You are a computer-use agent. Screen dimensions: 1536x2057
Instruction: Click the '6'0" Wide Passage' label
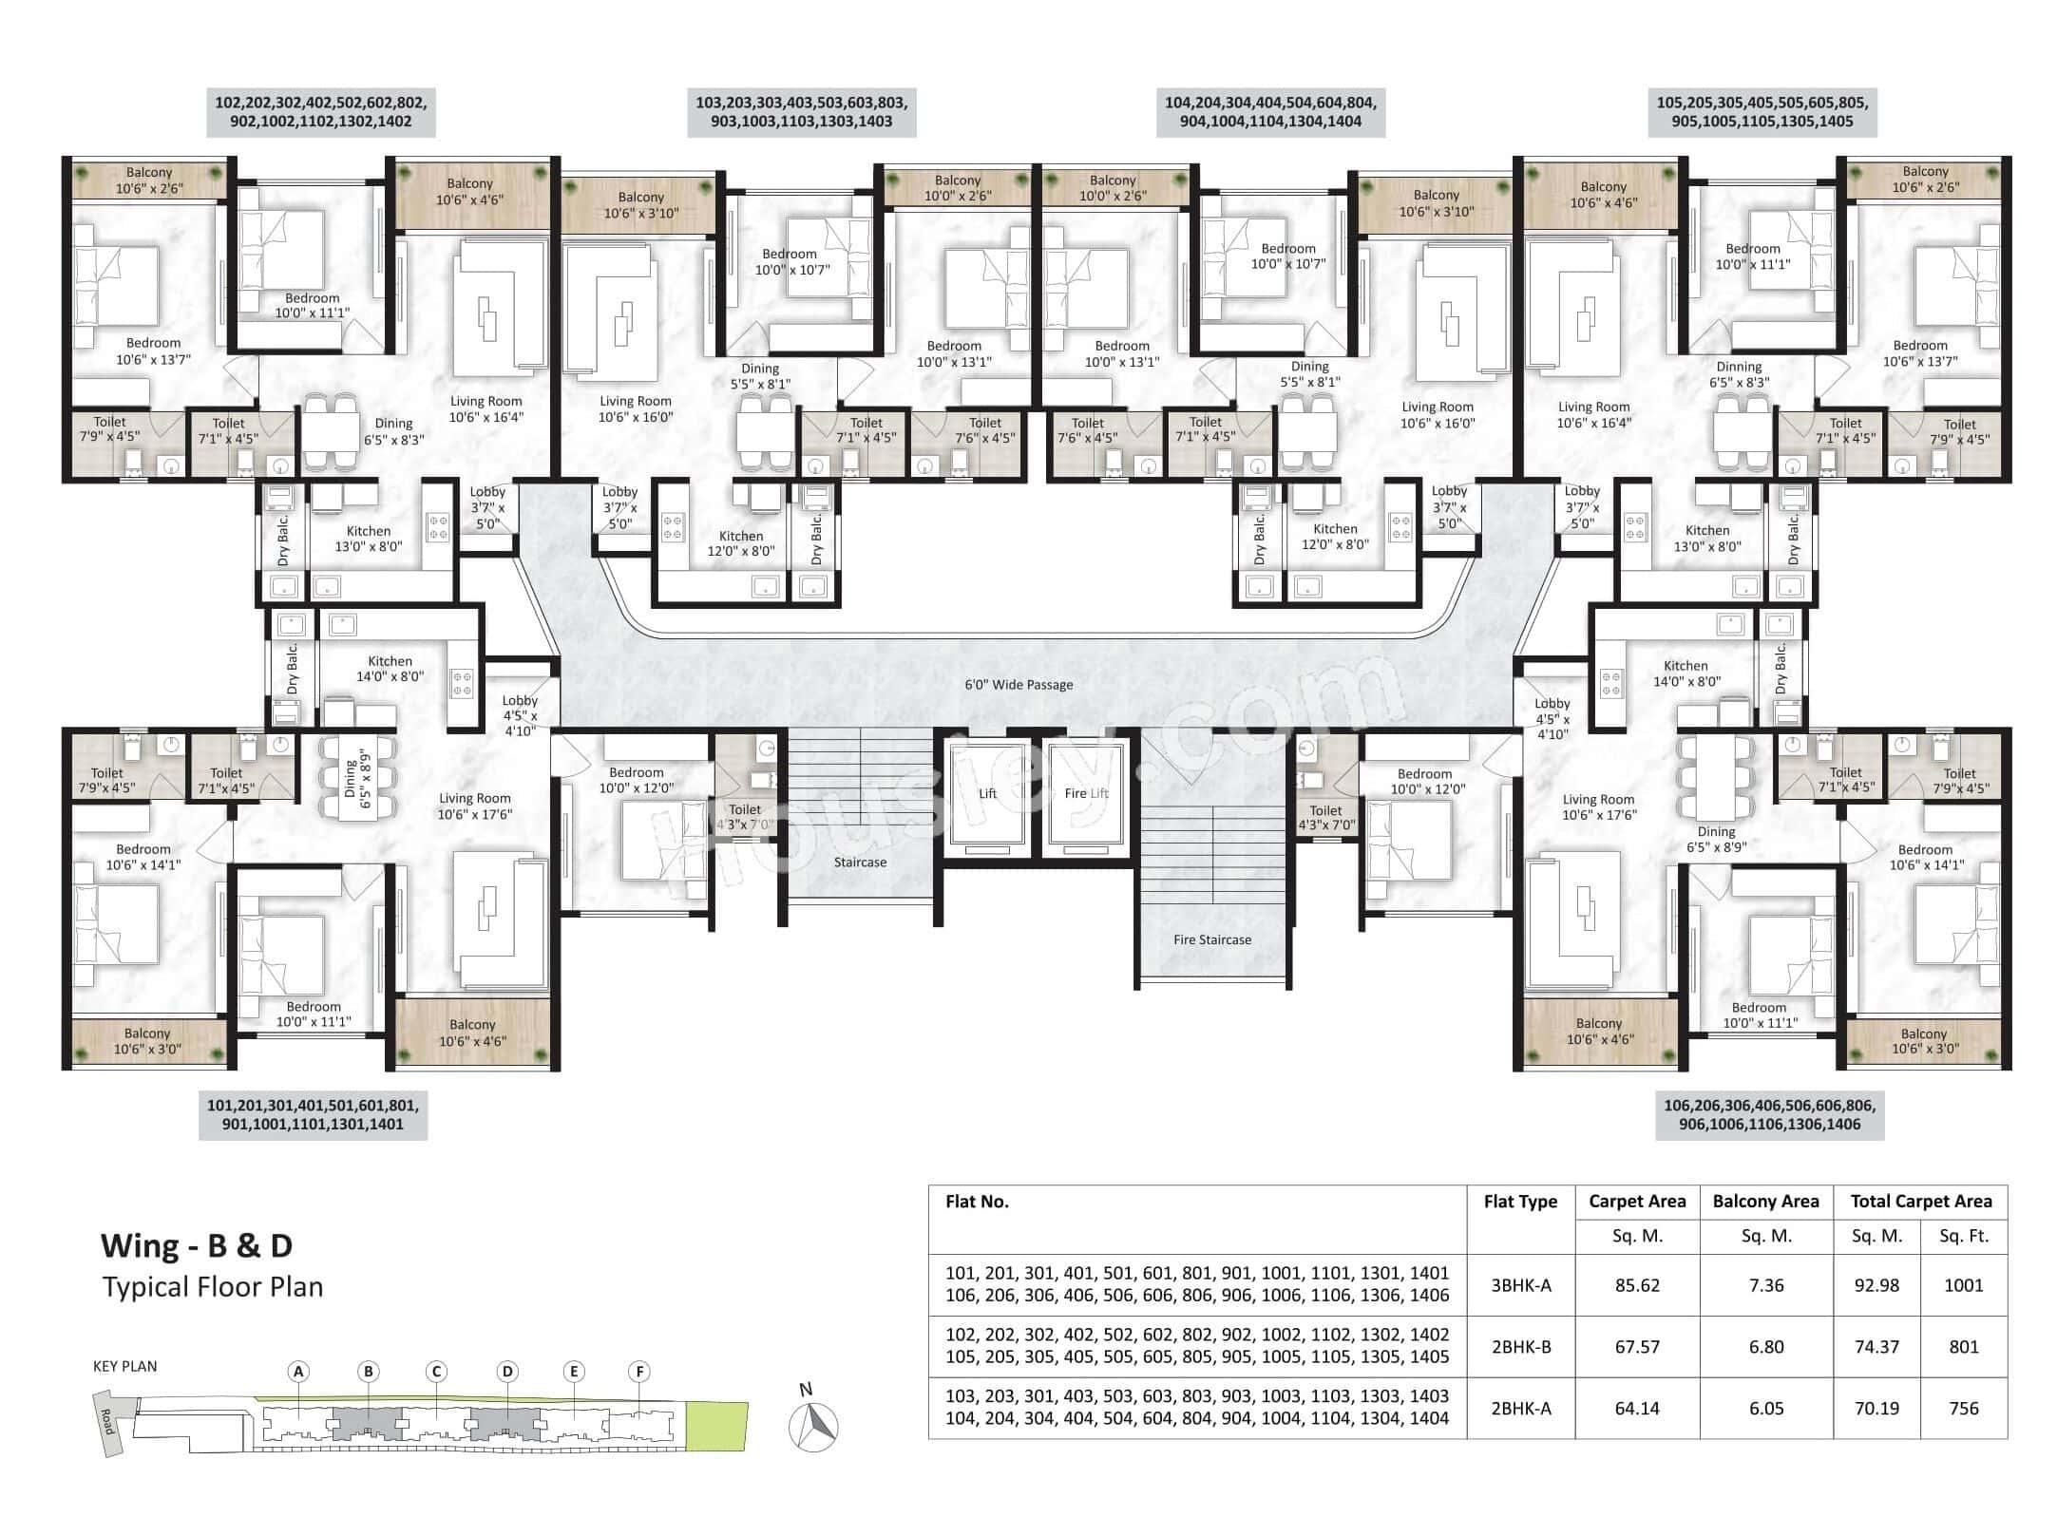pyautogui.click(x=1019, y=684)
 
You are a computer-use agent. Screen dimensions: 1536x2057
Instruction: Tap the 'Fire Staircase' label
pyautogui.click(x=1211, y=939)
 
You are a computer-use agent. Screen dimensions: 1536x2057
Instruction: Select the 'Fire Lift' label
pyautogui.click(x=1086, y=793)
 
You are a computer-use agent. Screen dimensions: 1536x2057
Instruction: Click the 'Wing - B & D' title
pyautogui.click(x=197, y=1244)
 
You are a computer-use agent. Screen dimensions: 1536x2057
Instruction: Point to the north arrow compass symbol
pyautogui.click(x=813, y=1424)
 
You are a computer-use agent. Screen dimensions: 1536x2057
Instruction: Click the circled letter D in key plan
pyautogui.click(x=507, y=1371)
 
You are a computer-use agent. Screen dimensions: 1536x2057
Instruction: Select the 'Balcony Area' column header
pyautogui.click(x=1765, y=1201)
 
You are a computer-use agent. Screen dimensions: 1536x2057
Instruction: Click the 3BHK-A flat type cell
pyautogui.click(x=1520, y=1285)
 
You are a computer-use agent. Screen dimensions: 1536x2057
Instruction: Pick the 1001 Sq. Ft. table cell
pyautogui.click(x=1963, y=1285)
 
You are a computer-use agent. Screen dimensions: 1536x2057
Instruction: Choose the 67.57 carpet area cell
pyautogui.click(x=1637, y=1347)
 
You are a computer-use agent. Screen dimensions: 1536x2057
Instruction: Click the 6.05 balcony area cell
pyautogui.click(x=1765, y=1409)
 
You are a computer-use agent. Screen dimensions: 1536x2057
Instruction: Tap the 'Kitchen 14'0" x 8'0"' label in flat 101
pyautogui.click(x=390, y=669)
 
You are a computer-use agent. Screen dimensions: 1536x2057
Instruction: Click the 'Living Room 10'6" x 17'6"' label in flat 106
pyautogui.click(x=1598, y=807)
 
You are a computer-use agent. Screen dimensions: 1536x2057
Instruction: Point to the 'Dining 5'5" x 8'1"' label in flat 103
pyautogui.click(x=760, y=376)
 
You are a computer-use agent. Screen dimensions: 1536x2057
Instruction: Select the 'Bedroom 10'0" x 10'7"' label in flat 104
pyautogui.click(x=1287, y=256)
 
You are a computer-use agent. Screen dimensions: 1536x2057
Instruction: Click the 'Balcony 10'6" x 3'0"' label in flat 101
pyautogui.click(x=147, y=1041)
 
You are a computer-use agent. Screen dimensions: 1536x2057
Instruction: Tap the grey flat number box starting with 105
pyautogui.click(x=1762, y=112)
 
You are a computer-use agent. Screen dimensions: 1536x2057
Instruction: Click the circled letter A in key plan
pyautogui.click(x=298, y=1371)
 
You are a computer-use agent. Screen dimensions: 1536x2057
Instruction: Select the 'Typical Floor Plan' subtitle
pyautogui.click(x=213, y=1287)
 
